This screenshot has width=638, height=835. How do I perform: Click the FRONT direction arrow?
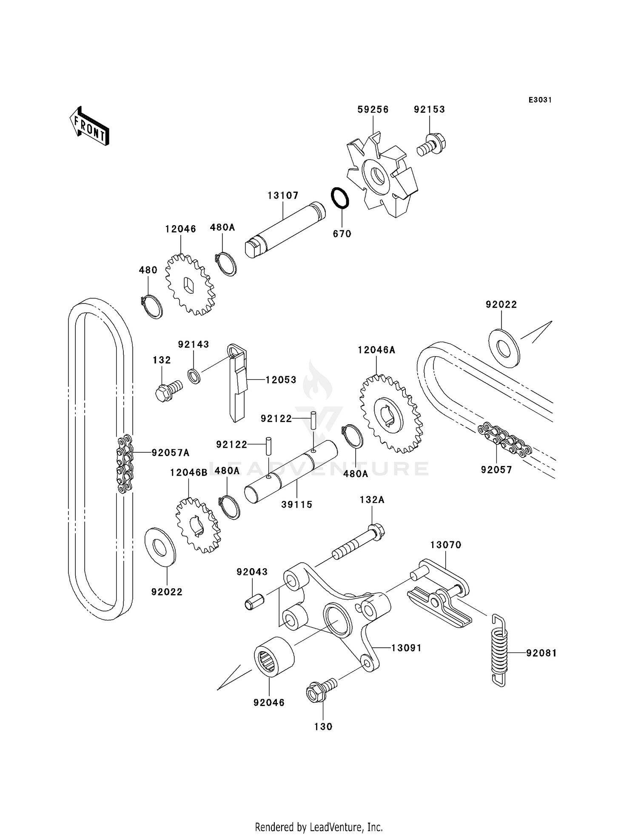[89, 126]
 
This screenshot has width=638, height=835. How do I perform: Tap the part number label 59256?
[373, 109]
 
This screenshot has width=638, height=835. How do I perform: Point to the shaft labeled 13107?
[285, 230]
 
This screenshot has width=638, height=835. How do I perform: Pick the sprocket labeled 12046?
[190, 285]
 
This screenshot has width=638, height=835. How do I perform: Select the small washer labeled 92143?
[194, 376]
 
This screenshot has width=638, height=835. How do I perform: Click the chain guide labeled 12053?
[237, 383]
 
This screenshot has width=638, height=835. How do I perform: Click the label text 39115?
[296, 504]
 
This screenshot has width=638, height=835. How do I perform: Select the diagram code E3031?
[540, 100]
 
